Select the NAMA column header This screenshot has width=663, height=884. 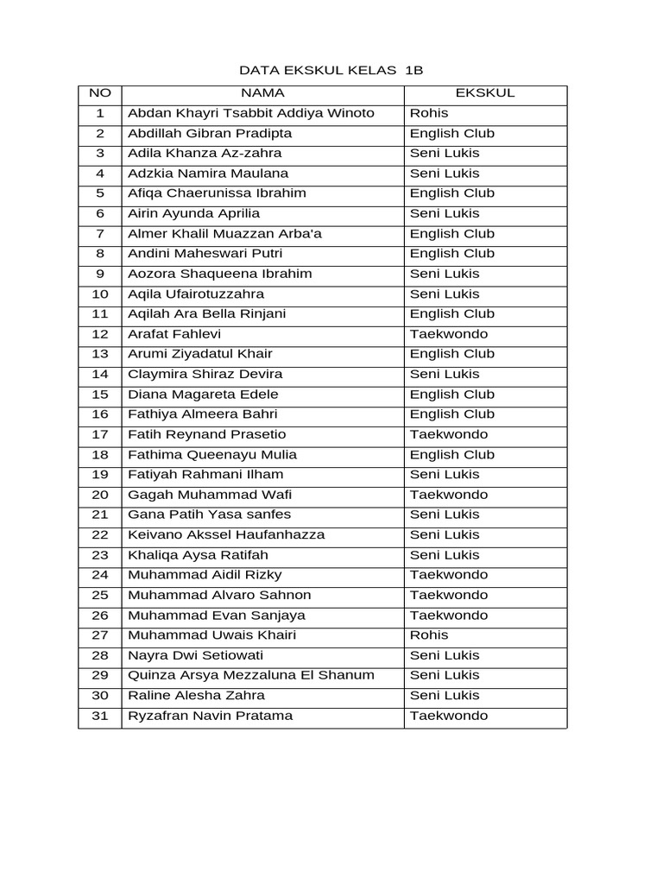coord(262,93)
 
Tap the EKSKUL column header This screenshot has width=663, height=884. coord(484,93)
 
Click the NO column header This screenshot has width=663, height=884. coord(100,93)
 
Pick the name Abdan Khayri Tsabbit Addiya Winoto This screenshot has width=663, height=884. coord(251,113)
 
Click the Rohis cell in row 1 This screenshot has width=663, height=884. coord(429,113)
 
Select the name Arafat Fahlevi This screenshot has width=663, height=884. coord(174,334)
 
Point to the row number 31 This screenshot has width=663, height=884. coord(100,716)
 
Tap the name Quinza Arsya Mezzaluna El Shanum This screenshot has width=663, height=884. coord(250,675)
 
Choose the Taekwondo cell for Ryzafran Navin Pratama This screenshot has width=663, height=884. coord(448,716)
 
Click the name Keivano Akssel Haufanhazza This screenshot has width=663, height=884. coord(226,534)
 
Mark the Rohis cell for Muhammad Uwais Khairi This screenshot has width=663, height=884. coord(429,635)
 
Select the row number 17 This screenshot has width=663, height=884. coord(100,434)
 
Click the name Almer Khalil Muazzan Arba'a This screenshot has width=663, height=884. coord(225,234)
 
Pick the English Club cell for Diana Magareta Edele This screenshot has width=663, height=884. coord(451,395)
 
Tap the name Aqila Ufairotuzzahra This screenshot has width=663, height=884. coord(196,294)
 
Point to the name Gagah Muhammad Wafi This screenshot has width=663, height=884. coord(199,495)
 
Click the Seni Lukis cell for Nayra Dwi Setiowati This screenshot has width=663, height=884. coord(445,655)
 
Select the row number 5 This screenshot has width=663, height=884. coord(100,193)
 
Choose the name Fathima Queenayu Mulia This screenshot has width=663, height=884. coord(212,455)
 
